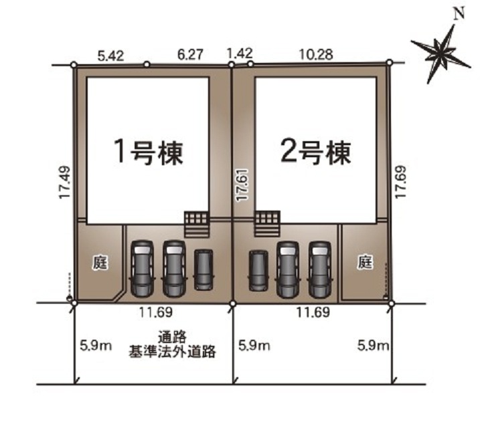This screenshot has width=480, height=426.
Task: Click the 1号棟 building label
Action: pyautogui.click(x=149, y=152)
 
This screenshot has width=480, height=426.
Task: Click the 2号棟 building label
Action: pyautogui.click(x=315, y=152)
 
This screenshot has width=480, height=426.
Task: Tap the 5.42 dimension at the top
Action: pyautogui.click(x=111, y=56)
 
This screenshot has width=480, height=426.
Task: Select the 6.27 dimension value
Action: pyautogui.click(x=190, y=54)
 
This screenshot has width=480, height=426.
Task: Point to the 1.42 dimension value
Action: pyautogui.click(x=240, y=53)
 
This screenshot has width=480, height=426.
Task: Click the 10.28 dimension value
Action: pyautogui.click(x=316, y=54)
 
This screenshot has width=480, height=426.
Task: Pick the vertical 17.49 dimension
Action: pyautogui.click(x=65, y=183)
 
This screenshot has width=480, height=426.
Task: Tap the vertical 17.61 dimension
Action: pyautogui.click(x=242, y=185)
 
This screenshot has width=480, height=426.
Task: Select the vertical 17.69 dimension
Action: pyautogui.click(x=400, y=182)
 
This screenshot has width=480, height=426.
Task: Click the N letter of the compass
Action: pyautogui.click(x=459, y=14)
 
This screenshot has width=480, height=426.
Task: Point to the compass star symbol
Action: pyautogui.click(x=441, y=54)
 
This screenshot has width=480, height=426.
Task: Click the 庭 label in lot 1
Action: pyautogui.click(x=100, y=263)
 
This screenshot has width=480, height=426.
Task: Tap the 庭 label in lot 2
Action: pyautogui.click(x=365, y=262)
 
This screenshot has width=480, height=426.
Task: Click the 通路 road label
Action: pyautogui.click(x=172, y=337)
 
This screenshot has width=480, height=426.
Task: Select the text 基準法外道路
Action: pyautogui.click(x=172, y=351)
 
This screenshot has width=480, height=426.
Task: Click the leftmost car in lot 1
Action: pyautogui.click(x=142, y=269)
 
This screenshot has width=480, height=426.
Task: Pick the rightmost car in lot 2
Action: pyautogui.click(x=320, y=270)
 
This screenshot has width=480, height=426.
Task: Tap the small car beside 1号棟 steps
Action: pyautogui.click(x=204, y=270)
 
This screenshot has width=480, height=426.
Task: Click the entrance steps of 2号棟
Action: pyautogui.click(x=267, y=224)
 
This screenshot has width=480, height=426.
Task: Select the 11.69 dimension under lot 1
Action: pyautogui.click(x=156, y=312)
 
